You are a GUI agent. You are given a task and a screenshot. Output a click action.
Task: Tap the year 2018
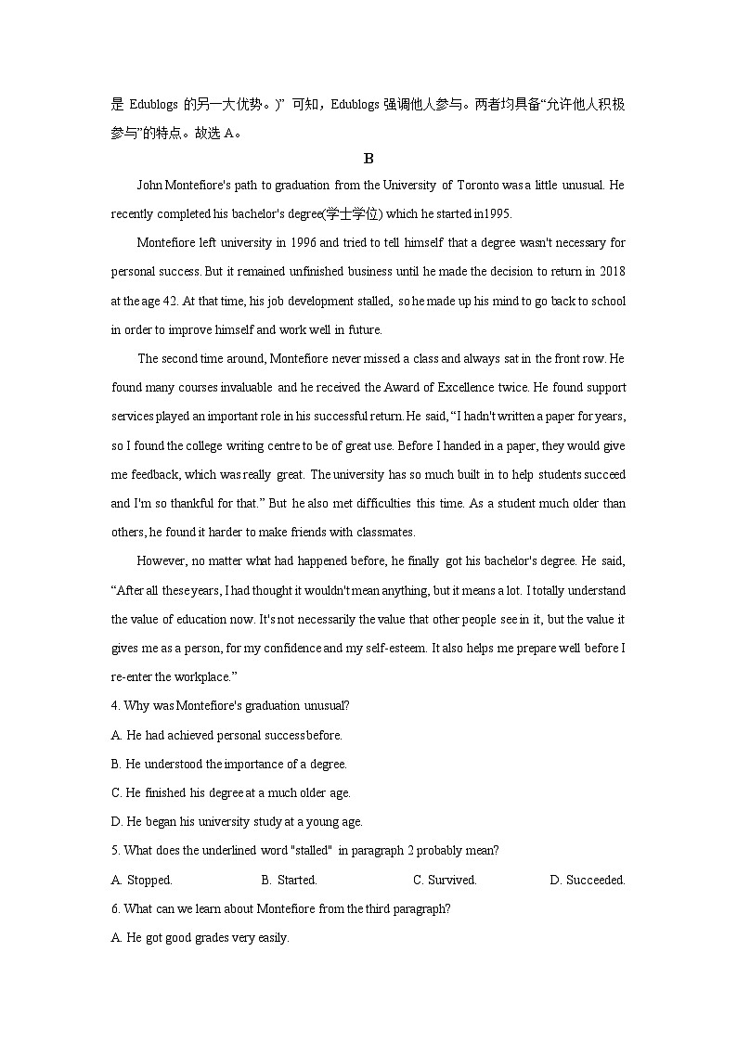[612, 272]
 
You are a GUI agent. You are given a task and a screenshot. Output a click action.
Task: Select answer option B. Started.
[290, 880]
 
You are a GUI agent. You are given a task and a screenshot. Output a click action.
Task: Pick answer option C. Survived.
[445, 880]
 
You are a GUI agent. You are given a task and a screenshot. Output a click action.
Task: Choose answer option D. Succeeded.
[588, 880]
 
